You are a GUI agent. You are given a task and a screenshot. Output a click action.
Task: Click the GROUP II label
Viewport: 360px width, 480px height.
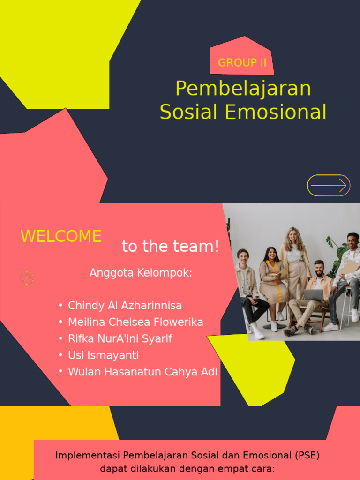point(242,63)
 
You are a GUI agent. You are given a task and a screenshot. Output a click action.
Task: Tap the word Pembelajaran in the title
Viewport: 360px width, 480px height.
point(243,89)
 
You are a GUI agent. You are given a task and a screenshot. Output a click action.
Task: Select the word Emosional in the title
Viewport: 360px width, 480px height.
point(275,112)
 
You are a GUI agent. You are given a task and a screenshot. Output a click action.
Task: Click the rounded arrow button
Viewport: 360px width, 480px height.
point(329,186)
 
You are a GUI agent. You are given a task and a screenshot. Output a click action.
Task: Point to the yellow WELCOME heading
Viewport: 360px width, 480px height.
point(61,236)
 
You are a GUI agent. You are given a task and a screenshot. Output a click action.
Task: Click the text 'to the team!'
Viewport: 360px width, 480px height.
point(171,247)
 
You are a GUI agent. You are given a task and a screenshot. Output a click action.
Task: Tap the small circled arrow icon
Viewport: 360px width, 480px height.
point(27,278)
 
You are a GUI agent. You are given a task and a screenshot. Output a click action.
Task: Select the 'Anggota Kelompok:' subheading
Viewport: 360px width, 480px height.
point(141,273)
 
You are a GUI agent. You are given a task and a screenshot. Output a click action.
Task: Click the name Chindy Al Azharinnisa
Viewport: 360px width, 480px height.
point(125,306)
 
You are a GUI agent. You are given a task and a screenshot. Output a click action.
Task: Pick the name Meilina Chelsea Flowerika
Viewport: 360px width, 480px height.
point(135,322)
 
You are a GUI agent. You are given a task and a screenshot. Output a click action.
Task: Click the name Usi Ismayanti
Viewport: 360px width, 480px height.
point(103,355)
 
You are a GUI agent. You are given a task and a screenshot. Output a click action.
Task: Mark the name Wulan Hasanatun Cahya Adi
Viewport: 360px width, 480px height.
point(142,372)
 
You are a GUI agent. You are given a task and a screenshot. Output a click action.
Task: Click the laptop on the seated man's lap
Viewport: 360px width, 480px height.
point(314,295)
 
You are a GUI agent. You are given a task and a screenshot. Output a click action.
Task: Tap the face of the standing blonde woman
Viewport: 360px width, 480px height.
point(293,236)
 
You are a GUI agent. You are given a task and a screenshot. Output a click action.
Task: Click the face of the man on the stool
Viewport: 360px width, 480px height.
point(352,241)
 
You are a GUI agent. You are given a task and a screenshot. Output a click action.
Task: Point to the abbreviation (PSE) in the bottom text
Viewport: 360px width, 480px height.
point(307,455)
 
